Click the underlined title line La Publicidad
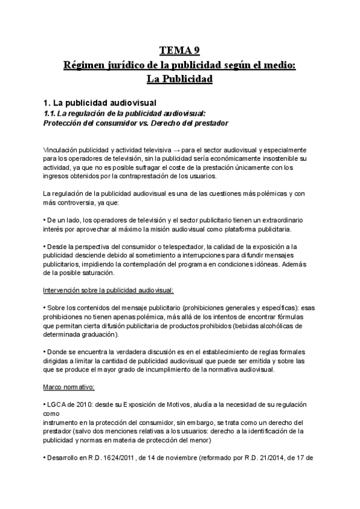pos(179,79)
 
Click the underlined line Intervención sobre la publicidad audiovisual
pos(109,290)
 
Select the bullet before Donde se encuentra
pos(45,352)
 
